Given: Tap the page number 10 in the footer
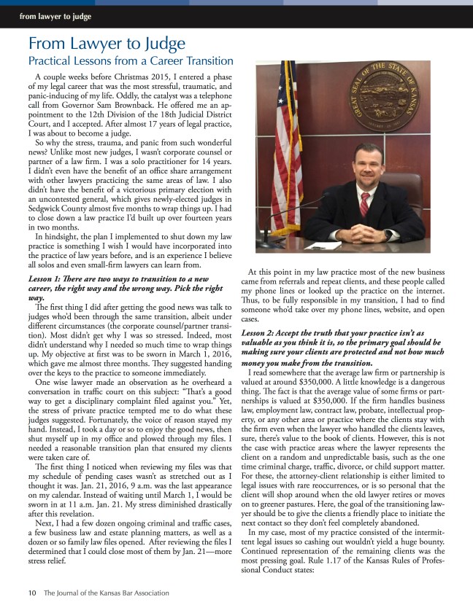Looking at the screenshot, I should (x=32, y=593).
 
